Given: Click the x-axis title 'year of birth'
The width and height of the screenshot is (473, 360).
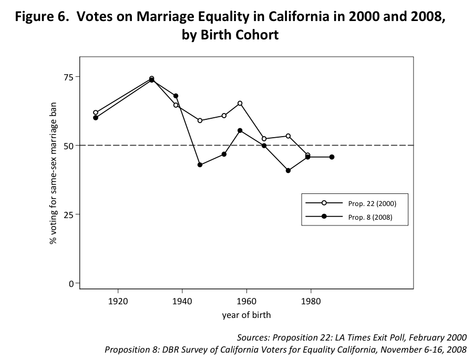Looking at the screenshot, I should click(246, 315).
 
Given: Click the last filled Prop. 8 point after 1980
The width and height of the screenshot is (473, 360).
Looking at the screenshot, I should click(332, 157).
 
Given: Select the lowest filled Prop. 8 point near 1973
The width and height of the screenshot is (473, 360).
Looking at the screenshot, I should click(288, 170).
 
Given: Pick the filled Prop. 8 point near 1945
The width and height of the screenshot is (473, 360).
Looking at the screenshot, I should click(200, 165).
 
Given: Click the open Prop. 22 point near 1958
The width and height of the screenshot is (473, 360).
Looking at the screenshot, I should click(240, 103).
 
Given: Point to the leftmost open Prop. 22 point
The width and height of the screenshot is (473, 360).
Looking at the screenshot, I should click(96, 112).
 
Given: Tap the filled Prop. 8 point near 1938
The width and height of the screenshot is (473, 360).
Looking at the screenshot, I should click(176, 96).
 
